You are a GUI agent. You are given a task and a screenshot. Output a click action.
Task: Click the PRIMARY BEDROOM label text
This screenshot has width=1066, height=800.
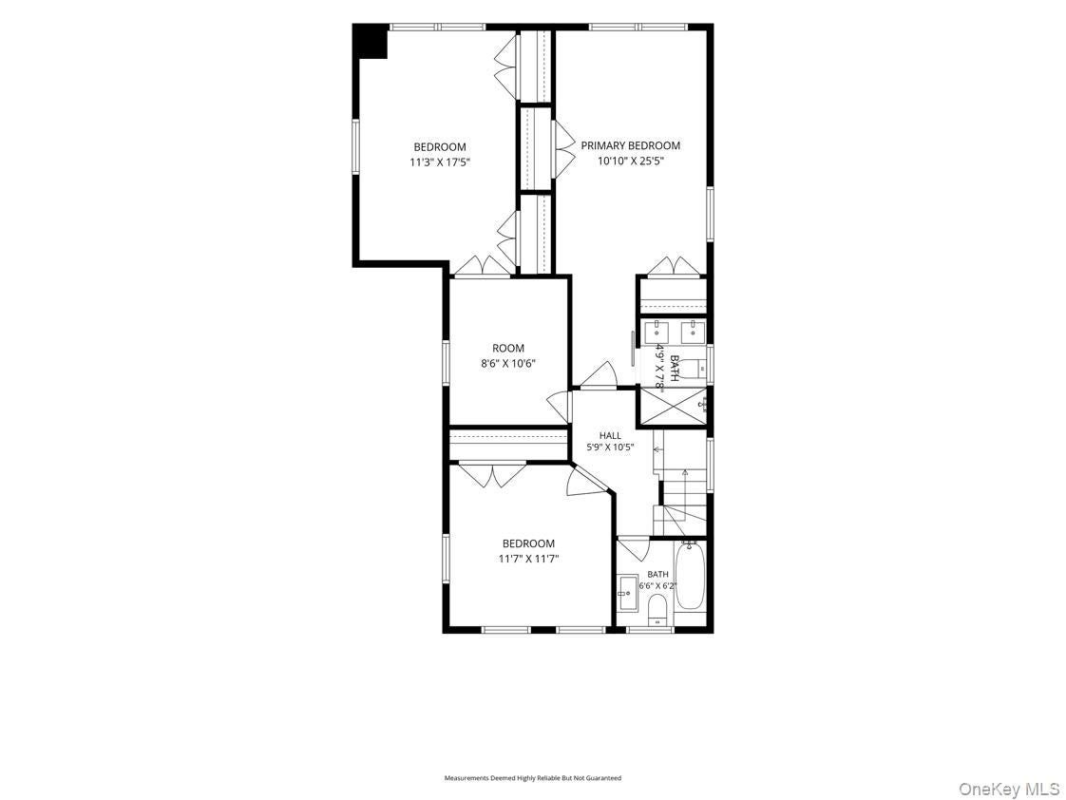click(630, 145)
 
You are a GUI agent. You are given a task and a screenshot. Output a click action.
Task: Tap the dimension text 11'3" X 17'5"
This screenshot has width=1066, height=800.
click(440, 162)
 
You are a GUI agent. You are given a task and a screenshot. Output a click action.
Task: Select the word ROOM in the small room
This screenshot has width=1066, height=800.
click(508, 349)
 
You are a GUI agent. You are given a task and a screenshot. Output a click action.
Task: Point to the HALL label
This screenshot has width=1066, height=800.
click(610, 436)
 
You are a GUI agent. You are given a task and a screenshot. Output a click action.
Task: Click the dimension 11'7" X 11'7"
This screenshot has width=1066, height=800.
click(528, 559)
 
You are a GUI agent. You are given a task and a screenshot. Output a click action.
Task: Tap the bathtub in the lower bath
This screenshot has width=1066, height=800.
click(690, 575)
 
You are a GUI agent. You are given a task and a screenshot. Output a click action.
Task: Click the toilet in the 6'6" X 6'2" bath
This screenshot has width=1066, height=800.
click(657, 609)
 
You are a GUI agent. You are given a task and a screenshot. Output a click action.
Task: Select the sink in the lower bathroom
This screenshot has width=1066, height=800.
click(627, 594)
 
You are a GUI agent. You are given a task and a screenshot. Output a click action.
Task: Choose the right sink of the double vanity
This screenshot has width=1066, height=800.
click(694, 333)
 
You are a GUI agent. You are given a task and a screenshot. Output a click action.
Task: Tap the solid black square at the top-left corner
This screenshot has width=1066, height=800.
click(371, 42)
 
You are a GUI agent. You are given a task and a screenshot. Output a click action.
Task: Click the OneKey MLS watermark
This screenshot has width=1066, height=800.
click(1009, 790)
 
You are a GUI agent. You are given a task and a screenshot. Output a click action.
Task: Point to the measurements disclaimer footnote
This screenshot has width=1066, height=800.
click(532, 777)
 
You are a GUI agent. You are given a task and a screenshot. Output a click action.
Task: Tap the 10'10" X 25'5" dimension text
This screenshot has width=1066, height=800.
click(630, 162)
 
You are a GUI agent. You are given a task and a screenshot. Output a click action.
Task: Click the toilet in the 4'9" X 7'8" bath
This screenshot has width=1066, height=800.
click(695, 369)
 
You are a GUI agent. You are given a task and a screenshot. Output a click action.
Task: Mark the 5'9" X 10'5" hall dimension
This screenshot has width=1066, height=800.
click(611, 448)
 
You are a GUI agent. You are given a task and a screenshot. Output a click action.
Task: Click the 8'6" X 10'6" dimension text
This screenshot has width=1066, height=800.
click(508, 364)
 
